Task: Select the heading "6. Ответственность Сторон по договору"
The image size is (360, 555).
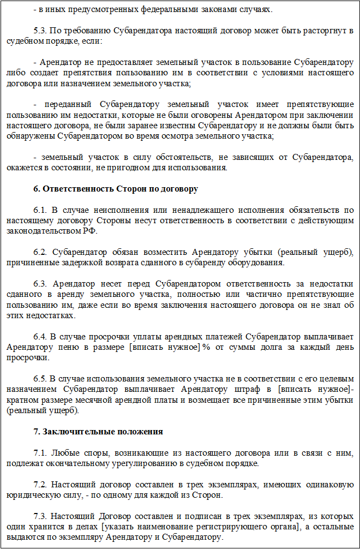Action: coord(116,189)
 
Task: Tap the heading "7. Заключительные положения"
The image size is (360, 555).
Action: coord(98,432)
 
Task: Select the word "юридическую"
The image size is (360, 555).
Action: coord(29,495)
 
